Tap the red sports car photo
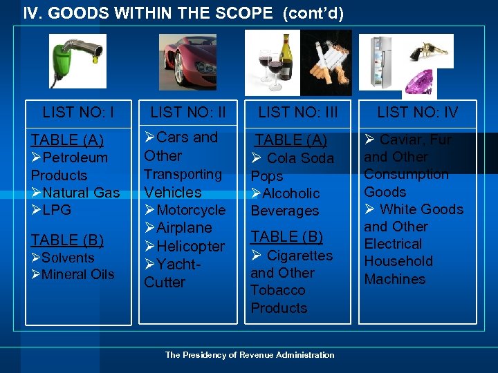click(x=187, y=62)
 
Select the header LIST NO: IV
click(x=417, y=112)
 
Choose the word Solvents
click(x=68, y=258)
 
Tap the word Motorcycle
click(x=191, y=210)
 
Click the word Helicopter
click(x=191, y=246)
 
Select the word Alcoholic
click(x=290, y=193)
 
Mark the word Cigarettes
click(x=299, y=256)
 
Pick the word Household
click(x=398, y=261)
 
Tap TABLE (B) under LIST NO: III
click(x=286, y=236)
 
